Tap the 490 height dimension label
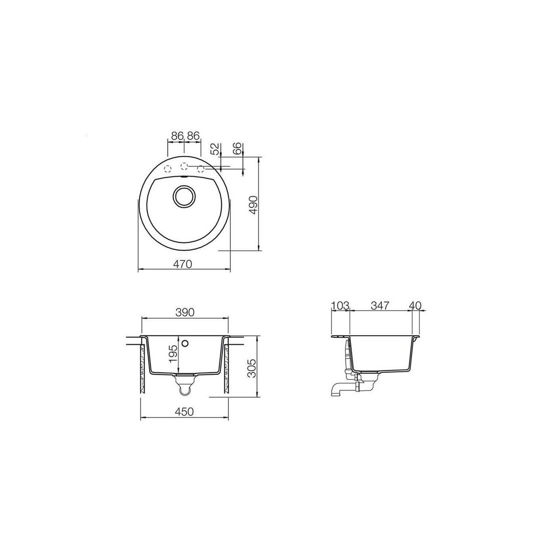[254, 205]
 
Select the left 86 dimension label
[178, 135]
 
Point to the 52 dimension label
[215, 149]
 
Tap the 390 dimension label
[185, 312]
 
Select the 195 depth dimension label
[173, 354]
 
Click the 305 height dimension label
[252, 368]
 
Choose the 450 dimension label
[185, 411]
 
